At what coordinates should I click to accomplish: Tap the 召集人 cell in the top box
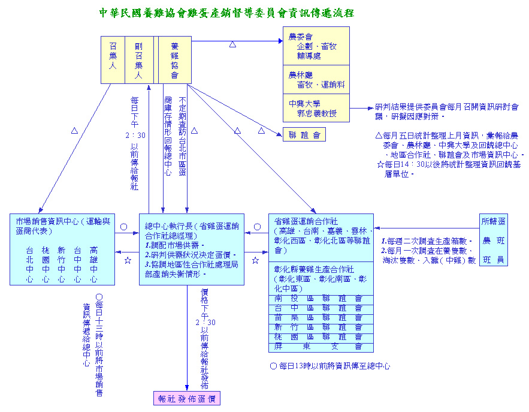tap(112, 60)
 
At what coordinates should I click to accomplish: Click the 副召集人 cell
tap(139, 60)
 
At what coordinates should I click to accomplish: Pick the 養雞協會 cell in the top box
tap(174, 60)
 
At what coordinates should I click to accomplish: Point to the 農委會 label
tap(300, 37)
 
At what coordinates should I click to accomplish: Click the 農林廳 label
tap(300, 75)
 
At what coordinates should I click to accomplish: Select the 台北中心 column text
tap(29, 264)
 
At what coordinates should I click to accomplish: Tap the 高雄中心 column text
tap(94, 264)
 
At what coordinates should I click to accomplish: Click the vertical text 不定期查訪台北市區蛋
tap(182, 137)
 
